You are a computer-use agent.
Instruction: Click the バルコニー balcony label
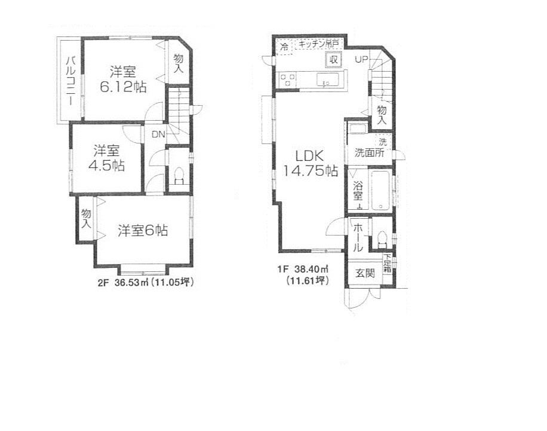tap(70, 80)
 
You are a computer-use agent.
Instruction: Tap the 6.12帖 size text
tap(124, 87)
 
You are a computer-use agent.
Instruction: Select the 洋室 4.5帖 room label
tap(107, 158)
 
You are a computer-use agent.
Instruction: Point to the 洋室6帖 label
tap(142, 231)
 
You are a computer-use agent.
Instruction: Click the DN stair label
tap(157, 134)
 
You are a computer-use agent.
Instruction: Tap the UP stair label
tap(362, 59)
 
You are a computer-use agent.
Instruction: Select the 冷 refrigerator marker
tap(284, 46)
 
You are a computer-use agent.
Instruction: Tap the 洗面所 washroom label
tap(369, 152)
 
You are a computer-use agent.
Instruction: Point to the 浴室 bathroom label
tap(358, 190)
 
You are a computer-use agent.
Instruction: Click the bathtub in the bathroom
tap(381, 190)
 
